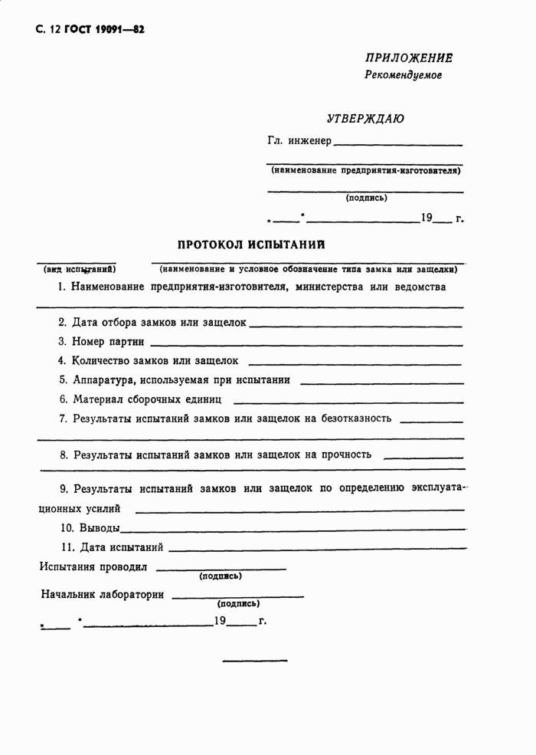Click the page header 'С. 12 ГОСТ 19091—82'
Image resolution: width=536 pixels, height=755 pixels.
click(90, 30)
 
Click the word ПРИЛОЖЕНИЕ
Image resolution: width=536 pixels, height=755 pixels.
click(409, 58)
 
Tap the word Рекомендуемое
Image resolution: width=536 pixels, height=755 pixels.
click(404, 75)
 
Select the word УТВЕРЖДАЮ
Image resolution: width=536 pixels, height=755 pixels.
click(366, 119)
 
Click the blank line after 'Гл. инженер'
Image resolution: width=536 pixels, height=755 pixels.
click(398, 144)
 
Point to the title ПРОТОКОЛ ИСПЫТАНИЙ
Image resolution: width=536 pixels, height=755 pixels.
click(251, 245)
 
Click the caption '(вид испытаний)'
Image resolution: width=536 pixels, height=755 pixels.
click(80, 269)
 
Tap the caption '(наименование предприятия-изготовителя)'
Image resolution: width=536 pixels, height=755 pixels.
click(365, 170)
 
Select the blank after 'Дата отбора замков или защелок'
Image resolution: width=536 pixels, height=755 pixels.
click(355, 325)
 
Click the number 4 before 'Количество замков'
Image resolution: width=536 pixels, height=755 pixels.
click(62, 360)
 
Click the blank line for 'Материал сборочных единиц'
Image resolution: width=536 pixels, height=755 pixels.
click(348, 401)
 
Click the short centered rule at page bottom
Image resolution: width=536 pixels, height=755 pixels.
click(254, 660)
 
